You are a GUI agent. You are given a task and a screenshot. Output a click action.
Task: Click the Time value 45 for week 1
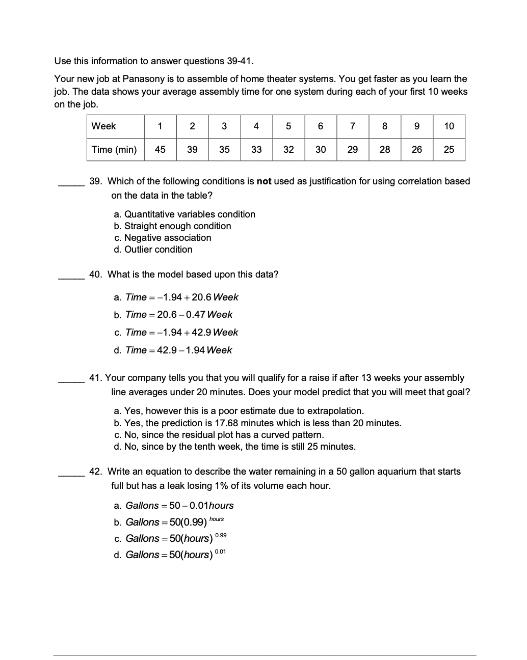(x=160, y=150)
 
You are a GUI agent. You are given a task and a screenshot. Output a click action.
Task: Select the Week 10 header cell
(x=449, y=126)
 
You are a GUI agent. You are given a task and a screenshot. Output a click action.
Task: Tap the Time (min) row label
(x=114, y=150)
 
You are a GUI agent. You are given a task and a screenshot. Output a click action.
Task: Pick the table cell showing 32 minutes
(x=288, y=150)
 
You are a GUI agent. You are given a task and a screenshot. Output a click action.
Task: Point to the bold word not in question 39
(x=264, y=181)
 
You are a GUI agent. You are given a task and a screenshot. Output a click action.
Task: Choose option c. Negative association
(x=162, y=238)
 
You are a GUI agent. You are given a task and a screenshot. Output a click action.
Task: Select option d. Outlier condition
(x=153, y=250)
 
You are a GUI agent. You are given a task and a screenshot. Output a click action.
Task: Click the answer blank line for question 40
(x=71, y=278)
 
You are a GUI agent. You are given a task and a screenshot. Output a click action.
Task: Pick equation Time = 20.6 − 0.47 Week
(x=173, y=315)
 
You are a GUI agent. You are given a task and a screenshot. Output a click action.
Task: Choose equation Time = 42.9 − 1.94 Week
(x=173, y=350)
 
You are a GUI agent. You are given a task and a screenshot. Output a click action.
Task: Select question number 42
(x=95, y=472)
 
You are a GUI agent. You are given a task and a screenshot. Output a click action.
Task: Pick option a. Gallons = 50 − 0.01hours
(x=173, y=506)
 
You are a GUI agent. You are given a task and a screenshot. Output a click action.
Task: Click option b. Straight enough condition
(x=172, y=226)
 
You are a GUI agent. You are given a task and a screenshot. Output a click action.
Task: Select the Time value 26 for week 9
(x=417, y=150)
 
